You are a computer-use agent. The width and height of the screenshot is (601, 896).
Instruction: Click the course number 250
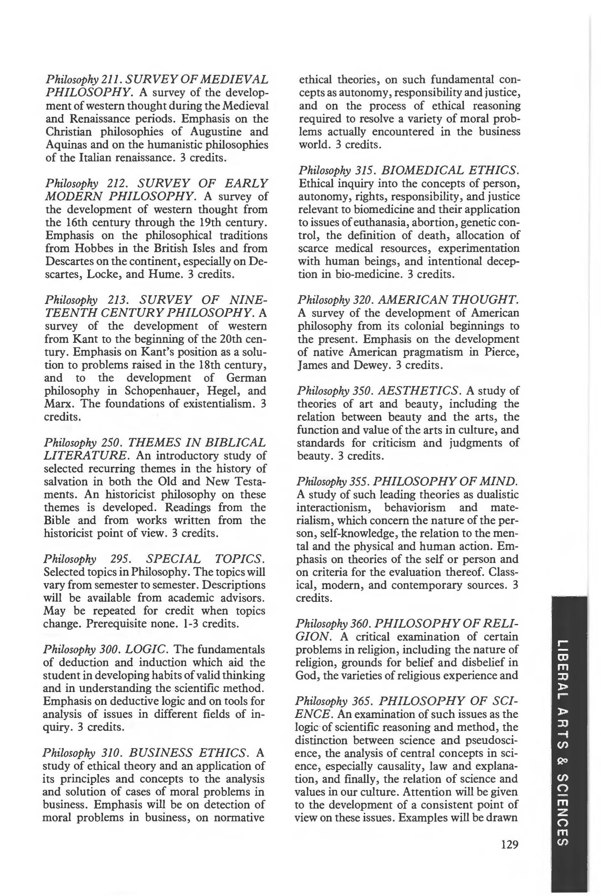112,442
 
